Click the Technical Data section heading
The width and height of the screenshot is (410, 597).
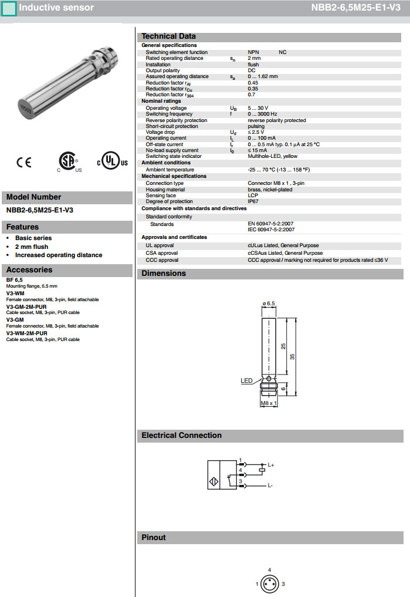pyautogui.click(x=169, y=36)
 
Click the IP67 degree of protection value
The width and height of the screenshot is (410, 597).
pyautogui.click(x=253, y=201)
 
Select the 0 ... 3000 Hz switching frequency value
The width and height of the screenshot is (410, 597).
pyautogui.click(x=262, y=114)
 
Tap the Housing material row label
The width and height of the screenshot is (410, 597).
pyautogui.click(x=165, y=190)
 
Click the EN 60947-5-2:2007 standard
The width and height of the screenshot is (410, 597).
pyautogui.click(x=271, y=224)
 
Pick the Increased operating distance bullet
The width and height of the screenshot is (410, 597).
pyautogui.click(x=59, y=255)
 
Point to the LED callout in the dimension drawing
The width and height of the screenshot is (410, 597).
pyautogui.click(x=246, y=380)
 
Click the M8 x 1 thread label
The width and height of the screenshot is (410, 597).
pyautogui.click(x=268, y=403)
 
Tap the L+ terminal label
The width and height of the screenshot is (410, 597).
pyautogui.click(x=271, y=465)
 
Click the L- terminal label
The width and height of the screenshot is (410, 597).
pyautogui.click(x=270, y=485)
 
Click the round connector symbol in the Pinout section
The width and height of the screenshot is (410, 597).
pyautogui.click(x=270, y=583)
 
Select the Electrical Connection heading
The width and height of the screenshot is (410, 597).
pyautogui.click(x=181, y=436)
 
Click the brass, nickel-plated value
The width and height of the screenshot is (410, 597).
pyautogui.click(x=270, y=190)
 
